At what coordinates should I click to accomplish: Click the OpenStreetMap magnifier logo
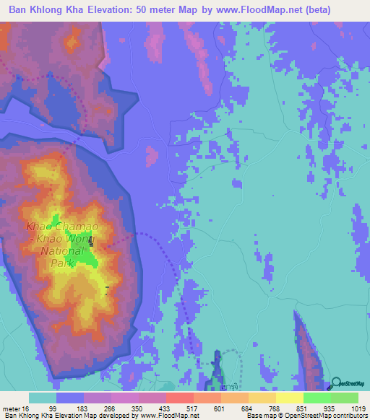coord(336,385)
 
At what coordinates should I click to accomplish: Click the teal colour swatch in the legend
coord(42,398)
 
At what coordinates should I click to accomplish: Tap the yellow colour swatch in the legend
coord(289,398)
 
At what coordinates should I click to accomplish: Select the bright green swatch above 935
coord(317,398)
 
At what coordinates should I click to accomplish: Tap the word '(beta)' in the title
coord(343,10)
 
